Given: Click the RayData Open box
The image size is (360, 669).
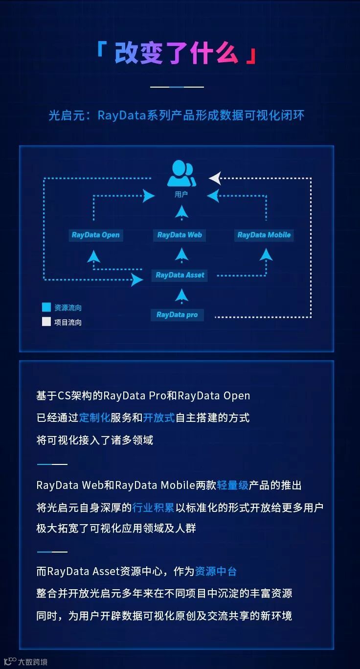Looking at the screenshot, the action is [x=95, y=235].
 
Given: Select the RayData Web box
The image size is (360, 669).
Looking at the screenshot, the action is [x=180, y=235].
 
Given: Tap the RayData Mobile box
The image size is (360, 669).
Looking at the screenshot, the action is [x=264, y=235].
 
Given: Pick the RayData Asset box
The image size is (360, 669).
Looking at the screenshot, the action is [x=180, y=275].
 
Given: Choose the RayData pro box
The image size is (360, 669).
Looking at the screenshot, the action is [x=177, y=315].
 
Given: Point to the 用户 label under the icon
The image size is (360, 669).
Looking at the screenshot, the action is [x=181, y=194].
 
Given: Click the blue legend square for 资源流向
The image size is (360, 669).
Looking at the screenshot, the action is [x=46, y=307].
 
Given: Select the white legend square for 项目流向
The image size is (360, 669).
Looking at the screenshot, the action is [x=46, y=322].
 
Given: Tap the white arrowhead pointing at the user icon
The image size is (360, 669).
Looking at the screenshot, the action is [x=215, y=178].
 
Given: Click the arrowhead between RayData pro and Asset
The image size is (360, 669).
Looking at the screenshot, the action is [x=181, y=295].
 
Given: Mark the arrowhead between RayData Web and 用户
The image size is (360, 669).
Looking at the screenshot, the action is [x=181, y=211].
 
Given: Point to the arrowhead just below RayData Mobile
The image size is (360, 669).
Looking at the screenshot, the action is [x=266, y=254].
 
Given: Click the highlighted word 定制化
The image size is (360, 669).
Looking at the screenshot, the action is [x=94, y=417].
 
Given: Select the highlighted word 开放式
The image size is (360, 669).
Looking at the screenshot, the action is [x=159, y=417].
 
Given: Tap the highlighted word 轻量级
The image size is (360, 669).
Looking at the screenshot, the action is [x=232, y=485].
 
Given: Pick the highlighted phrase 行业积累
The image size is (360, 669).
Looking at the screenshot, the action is [x=153, y=508].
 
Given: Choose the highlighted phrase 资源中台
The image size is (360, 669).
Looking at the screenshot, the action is [x=216, y=571].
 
